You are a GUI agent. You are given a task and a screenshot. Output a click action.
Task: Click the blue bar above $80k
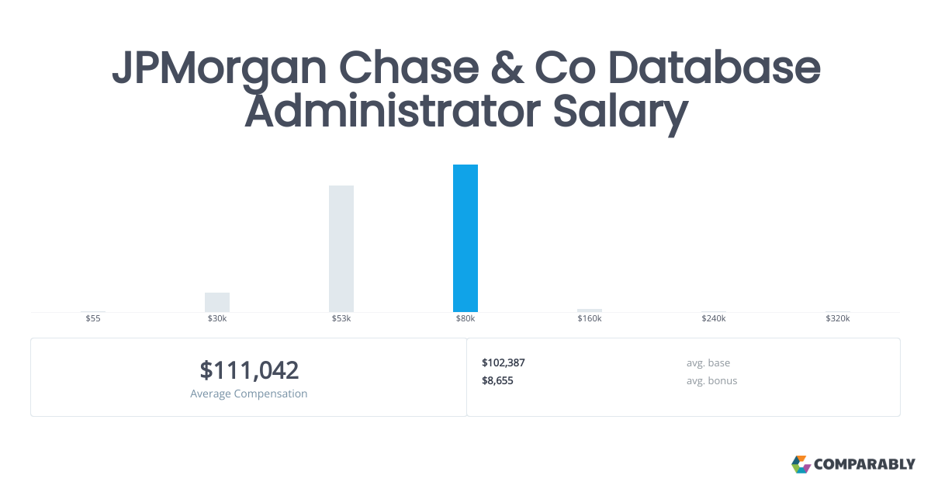click(465, 238)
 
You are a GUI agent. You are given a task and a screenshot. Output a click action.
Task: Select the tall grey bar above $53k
click(341, 248)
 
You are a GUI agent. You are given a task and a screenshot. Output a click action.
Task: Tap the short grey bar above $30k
click(217, 302)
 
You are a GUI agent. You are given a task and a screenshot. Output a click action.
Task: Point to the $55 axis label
click(93, 319)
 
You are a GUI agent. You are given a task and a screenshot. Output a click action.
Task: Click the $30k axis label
click(217, 319)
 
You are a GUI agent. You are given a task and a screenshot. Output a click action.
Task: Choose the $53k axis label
click(341, 319)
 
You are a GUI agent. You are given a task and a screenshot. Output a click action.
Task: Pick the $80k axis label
click(465, 319)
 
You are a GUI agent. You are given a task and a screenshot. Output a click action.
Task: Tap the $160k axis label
click(590, 319)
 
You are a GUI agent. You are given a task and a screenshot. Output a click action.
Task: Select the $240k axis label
click(714, 319)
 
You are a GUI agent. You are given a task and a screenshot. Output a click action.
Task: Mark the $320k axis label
click(838, 319)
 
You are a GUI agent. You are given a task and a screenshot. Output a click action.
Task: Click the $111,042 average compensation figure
click(249, 370)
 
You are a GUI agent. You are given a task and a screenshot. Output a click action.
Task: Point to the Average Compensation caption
click(249, 394)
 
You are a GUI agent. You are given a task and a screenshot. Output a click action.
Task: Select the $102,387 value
click(504, 362)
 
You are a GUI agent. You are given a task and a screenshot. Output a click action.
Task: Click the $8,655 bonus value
click(497, 380)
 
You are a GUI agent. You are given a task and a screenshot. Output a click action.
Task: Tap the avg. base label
click(708, 362)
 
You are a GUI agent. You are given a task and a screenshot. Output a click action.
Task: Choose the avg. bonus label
click(711, 380)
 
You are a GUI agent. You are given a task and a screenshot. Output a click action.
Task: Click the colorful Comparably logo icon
click(801, 464)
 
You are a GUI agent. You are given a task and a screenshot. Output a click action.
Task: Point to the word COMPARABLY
click(864, 465)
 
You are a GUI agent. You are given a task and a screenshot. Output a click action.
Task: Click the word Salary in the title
click(620, 112)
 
